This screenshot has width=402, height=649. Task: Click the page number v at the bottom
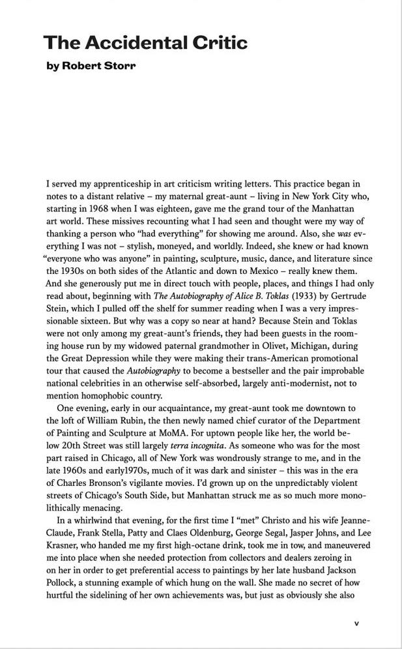click(x=356, y=623)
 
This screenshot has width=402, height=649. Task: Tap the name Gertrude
click(x=338, y=296)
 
